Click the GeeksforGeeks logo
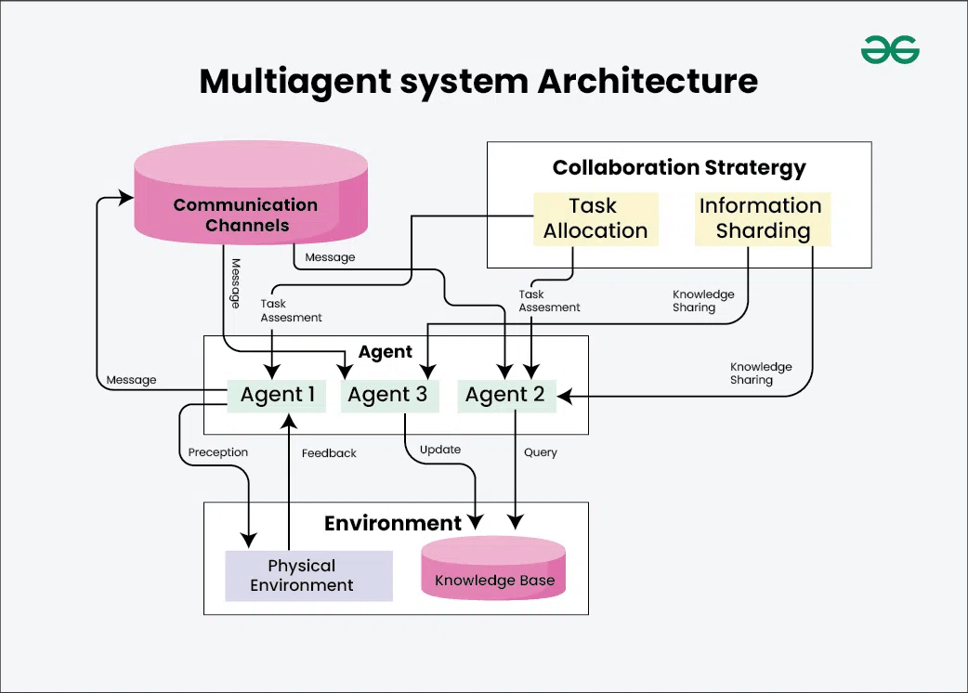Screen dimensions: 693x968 (x=889, y=50)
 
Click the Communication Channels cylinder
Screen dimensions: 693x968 (x=245, y=215)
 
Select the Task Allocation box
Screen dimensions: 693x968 (x=595, y=218)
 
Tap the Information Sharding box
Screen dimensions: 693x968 (x=761, y=218)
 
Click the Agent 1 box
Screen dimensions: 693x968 (x=277, y=395)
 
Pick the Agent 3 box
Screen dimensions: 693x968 (x=387, y=395)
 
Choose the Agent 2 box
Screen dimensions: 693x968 (x=504, y=395)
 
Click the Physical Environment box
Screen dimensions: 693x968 (x=302, y=576)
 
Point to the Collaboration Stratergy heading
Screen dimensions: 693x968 (x=679, y=168)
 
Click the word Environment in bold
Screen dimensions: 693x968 (x=392, y=523)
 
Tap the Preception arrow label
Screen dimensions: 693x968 (x=218, y=452)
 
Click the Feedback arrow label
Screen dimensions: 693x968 (x=329, y=453)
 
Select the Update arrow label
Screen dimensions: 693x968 (x=440, y=450)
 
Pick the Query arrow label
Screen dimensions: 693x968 (x=540, y=452)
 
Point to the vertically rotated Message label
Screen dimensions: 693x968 (x=235, y=282)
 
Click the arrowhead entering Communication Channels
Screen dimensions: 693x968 (x=126, y=198)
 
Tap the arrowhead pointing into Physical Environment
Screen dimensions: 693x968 (x=248, y=539)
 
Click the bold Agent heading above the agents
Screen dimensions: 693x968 (x=386, y=352)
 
